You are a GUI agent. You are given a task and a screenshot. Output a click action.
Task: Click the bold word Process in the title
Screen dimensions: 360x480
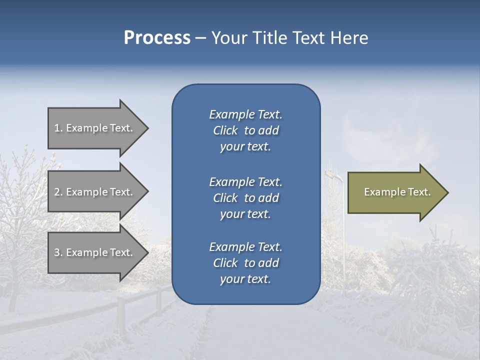[157, 38]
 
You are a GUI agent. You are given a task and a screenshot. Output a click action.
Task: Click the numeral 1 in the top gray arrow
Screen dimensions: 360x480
[57, 128]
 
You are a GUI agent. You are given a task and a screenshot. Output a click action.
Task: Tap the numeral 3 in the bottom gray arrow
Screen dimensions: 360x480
[57, 252]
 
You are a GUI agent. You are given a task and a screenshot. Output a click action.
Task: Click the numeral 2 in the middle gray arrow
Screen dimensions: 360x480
[57, 192]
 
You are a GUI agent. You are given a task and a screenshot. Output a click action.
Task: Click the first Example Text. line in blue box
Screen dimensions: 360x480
[245, 114]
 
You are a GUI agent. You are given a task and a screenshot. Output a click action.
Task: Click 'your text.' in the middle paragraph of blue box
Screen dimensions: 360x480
[245, 214]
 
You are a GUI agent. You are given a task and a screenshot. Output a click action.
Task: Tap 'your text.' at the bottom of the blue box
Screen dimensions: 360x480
[245, 279]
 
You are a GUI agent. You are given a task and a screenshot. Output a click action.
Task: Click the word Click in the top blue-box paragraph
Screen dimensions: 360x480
[225, 130]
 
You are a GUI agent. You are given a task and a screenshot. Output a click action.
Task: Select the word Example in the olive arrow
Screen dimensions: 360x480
[379, 192]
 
